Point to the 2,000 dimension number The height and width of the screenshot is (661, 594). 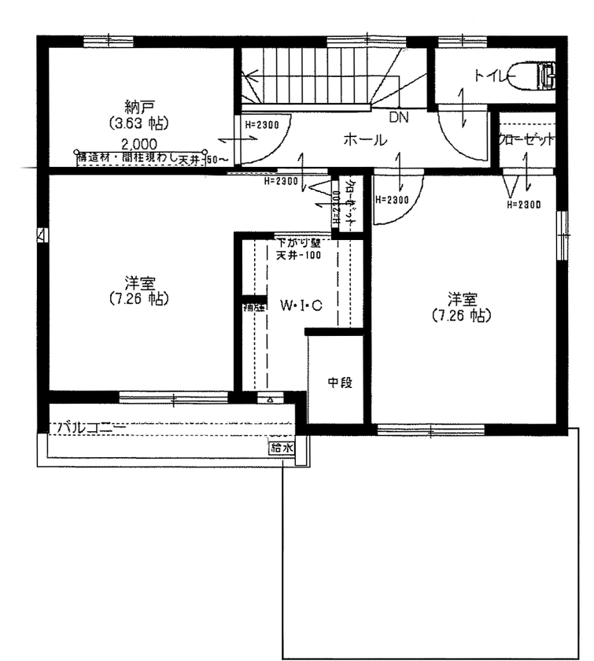tap(138, 143)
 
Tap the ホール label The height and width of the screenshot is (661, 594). tap(364, 140)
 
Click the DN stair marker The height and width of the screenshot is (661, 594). tap(399, 117)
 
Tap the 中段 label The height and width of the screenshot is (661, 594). tap(339, 382)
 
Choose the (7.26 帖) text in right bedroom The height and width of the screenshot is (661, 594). tap(463, 315)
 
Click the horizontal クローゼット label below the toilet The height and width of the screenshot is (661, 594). tap(526, 138)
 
